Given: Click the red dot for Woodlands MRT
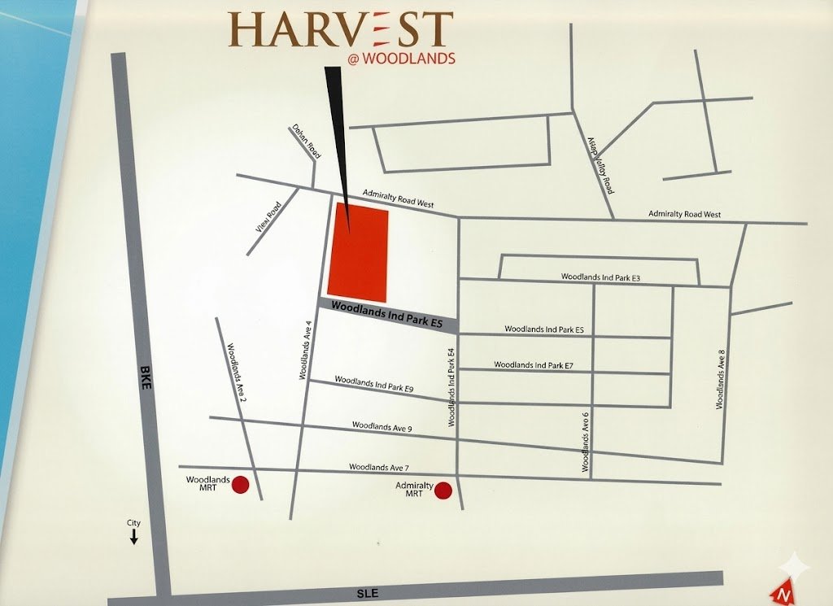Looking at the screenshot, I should coord(240,486).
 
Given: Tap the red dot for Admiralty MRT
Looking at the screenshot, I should coord(443,490).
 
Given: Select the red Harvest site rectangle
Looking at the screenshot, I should coord(358,251).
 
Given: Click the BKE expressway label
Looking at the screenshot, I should coord(146,379).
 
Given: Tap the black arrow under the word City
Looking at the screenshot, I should coord(134,537).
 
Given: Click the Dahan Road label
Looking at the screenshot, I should coord(307,140).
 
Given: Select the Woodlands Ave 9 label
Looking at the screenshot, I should coord(382,426).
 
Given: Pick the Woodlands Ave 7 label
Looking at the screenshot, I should coord(378,467).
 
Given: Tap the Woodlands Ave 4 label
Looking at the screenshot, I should coord(306,351).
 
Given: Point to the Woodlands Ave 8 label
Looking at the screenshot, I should coord(720,379).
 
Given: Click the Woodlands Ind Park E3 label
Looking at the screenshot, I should coord(601,277).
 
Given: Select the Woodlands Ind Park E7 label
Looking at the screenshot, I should coord(534,365).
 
